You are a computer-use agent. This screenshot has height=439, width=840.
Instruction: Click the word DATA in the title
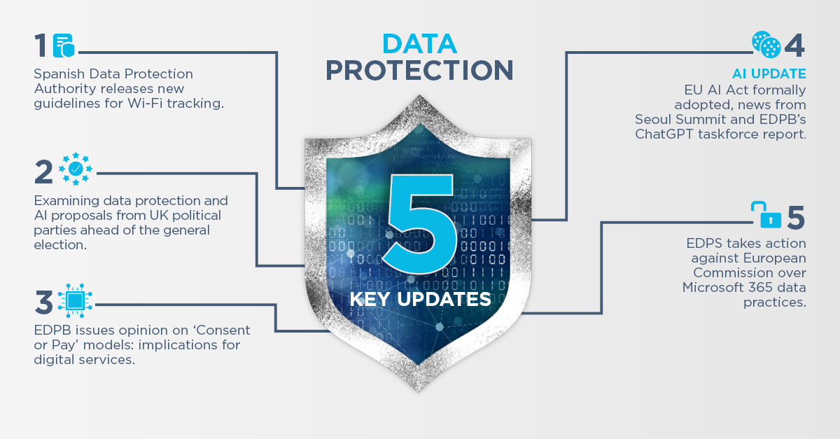(x=419, y=44)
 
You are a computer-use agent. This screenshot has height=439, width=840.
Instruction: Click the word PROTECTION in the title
(x=419, y=70)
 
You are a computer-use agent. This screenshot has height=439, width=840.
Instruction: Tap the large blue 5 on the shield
(x=420, y=223)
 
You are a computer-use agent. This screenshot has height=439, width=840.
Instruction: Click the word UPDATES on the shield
(x=444, y=299)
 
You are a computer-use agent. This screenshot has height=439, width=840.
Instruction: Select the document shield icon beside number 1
(x=64, y=46)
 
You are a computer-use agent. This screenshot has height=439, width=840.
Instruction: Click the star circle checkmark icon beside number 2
(x=76, y=169)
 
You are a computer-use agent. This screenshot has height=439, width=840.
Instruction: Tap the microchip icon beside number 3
(x=76, y=300)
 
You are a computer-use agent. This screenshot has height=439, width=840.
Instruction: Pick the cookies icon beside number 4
(x=766, y=45)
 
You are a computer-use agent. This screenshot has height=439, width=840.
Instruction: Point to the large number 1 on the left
(x=41, y=46)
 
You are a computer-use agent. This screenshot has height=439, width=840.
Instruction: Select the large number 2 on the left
(x=43, y=172)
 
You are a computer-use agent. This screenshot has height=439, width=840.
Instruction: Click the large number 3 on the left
(x=44, y=302)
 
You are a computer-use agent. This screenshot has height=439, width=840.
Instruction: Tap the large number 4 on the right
(x=794, y=46)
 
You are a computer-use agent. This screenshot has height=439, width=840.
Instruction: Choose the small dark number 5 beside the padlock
(x=796, y=217)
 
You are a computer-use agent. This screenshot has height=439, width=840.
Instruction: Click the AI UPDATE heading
(x=769, y=74)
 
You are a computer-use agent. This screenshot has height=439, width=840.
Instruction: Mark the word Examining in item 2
(x=66, y=202)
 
